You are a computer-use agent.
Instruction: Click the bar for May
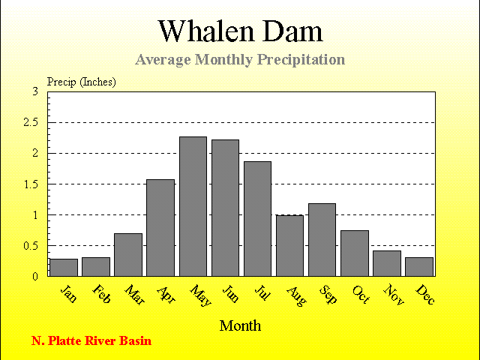[x=193, y=206]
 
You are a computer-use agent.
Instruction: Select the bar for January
[x=64, y=268]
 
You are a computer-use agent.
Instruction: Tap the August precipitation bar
[x=289, y=246]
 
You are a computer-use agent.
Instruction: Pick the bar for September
[x=322, y=240]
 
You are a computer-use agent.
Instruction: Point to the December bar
[x=419, y=267]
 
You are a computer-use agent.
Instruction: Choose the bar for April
[x=160, y=228]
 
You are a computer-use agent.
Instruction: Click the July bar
[x=257, y=219]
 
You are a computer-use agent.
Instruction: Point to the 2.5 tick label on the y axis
[x=31, y=122]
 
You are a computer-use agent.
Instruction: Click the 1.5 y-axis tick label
[x=31, y=184]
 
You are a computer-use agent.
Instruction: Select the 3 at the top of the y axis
[x=35, y=91]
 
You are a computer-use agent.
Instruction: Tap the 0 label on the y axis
[x=35, y=277]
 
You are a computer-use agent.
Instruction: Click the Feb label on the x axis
[x=101, y=294]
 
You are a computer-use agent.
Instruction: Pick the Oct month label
[x=361, y=295]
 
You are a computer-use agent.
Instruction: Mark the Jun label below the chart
[x=230, y=294]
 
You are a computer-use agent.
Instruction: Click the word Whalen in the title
[x=206, y=31]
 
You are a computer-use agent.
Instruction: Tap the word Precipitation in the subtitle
[x=301, y=60]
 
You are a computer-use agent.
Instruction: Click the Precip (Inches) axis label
[x=82, y=82]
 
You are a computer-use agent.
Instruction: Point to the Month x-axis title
[x=240, y=325]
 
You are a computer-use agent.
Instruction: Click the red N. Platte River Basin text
[x=91, y=340]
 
